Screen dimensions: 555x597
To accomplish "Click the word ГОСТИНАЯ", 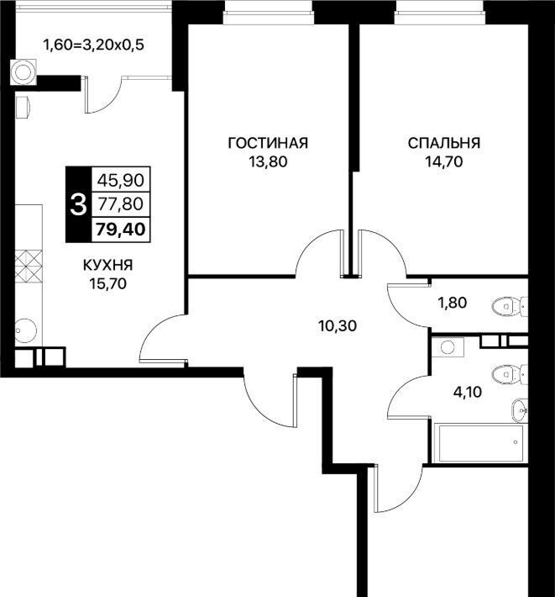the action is [x=268, y=143].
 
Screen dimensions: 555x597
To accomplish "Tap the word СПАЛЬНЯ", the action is [x=444, y=143].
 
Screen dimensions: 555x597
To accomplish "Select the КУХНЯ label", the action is [x=108, y=265].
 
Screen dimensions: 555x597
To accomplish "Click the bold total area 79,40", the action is [x=121, y=230].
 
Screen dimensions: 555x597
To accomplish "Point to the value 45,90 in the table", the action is [x=121, y=180].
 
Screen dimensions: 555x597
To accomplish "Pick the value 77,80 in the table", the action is [x=121, y=204].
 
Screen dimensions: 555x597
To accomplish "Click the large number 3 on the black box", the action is [x=78, y=204].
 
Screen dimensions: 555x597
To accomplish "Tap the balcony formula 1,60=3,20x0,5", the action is [x=94, y=45].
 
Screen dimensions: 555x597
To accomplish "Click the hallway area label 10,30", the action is [x=338, y=326].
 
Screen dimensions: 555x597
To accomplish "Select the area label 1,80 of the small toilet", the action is [x=453, y=303].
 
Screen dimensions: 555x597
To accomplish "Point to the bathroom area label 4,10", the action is [x=468, y=391].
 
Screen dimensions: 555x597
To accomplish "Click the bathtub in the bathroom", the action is [x=481, y=443].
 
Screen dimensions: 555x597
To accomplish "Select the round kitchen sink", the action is [x=25, y=330].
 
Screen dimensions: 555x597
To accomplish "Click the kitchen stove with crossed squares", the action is [x=29, y=266].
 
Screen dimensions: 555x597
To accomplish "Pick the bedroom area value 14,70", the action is [x=444, y=162].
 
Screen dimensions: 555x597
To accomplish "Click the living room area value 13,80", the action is [x=268, y=162].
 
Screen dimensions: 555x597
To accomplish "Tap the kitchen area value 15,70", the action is [x=108, y=283].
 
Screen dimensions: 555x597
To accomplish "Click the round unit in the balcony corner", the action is [x=24, y=71].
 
